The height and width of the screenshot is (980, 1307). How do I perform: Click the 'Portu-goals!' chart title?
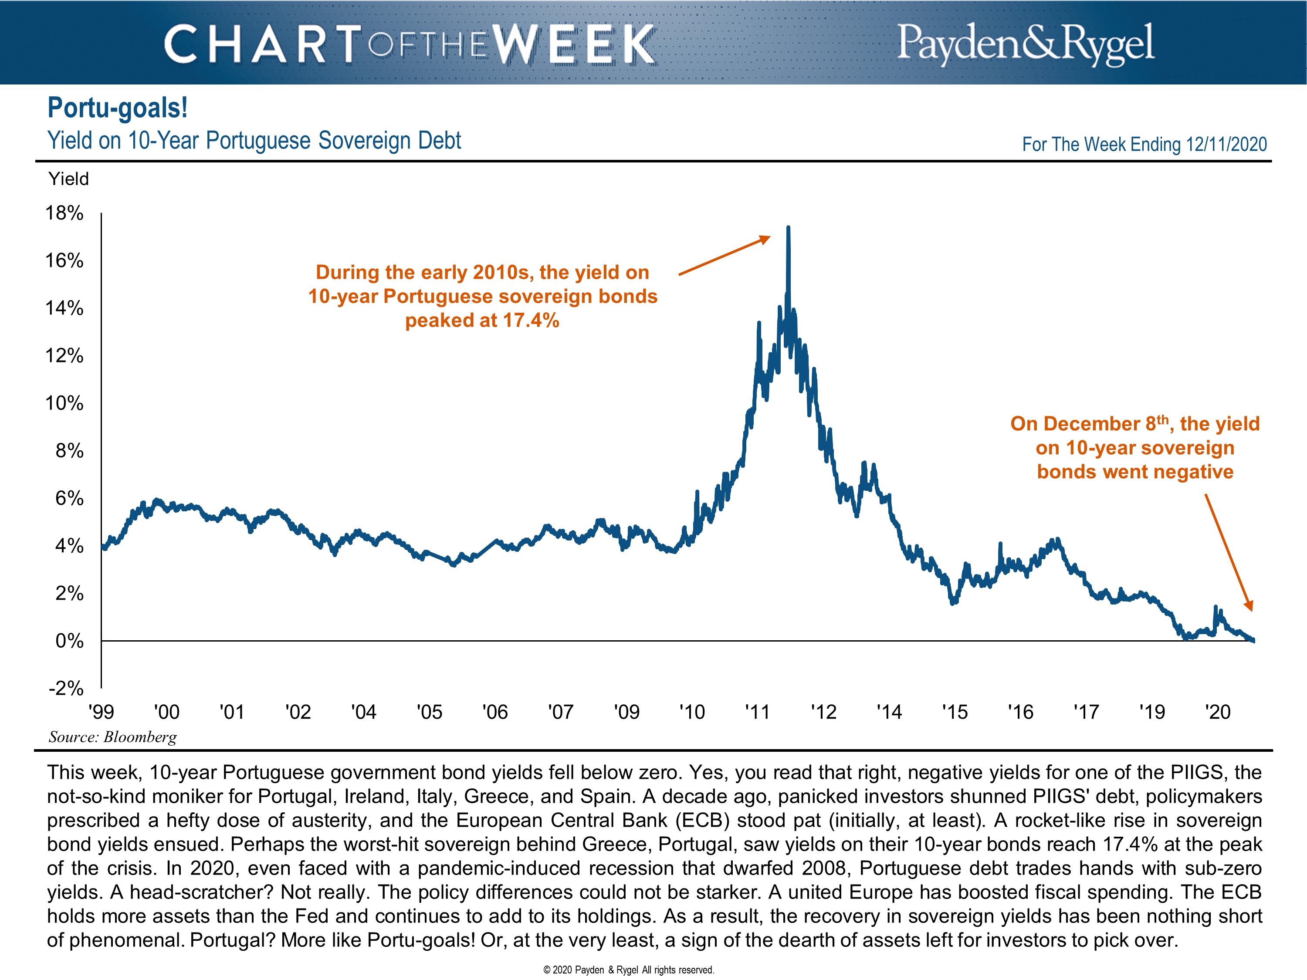(x=118, y=108)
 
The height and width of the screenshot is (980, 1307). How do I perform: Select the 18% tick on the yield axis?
(x=64, y=213)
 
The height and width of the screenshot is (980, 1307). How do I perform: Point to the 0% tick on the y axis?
(x=69, y=641)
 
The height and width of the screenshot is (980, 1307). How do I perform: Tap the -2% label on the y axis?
(x=66, y=688)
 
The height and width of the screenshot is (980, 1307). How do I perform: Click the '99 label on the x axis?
(x=101, y=712)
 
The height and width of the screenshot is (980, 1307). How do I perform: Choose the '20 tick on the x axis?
(x=1218, y=712)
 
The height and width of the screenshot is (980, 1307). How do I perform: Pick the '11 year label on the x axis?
(x=758, y=712)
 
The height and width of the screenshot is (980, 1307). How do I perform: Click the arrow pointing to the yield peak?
(x=725, y=255)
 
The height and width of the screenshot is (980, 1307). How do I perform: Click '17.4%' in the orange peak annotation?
(x=531, y=321)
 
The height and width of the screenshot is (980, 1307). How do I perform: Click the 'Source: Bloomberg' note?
(x=113, y=737)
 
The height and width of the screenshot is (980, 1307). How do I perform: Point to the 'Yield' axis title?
(x=68, y=179)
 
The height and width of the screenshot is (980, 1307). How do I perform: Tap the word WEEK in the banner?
(x=573, y=44)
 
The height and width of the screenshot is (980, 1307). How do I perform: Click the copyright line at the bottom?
(x=629, y=970)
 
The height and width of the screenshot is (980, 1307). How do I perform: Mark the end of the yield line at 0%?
(x=1253, y=640)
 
